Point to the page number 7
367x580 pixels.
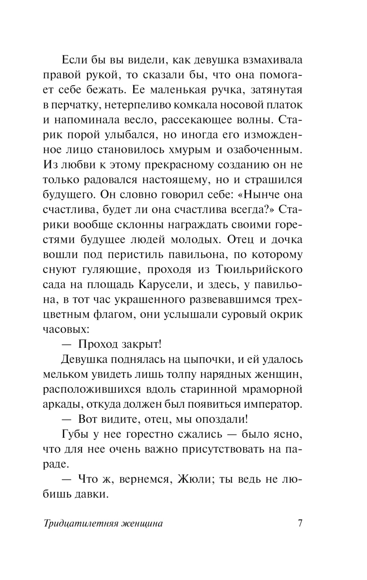(299, 523)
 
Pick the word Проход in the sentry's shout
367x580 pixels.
(97, 344)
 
